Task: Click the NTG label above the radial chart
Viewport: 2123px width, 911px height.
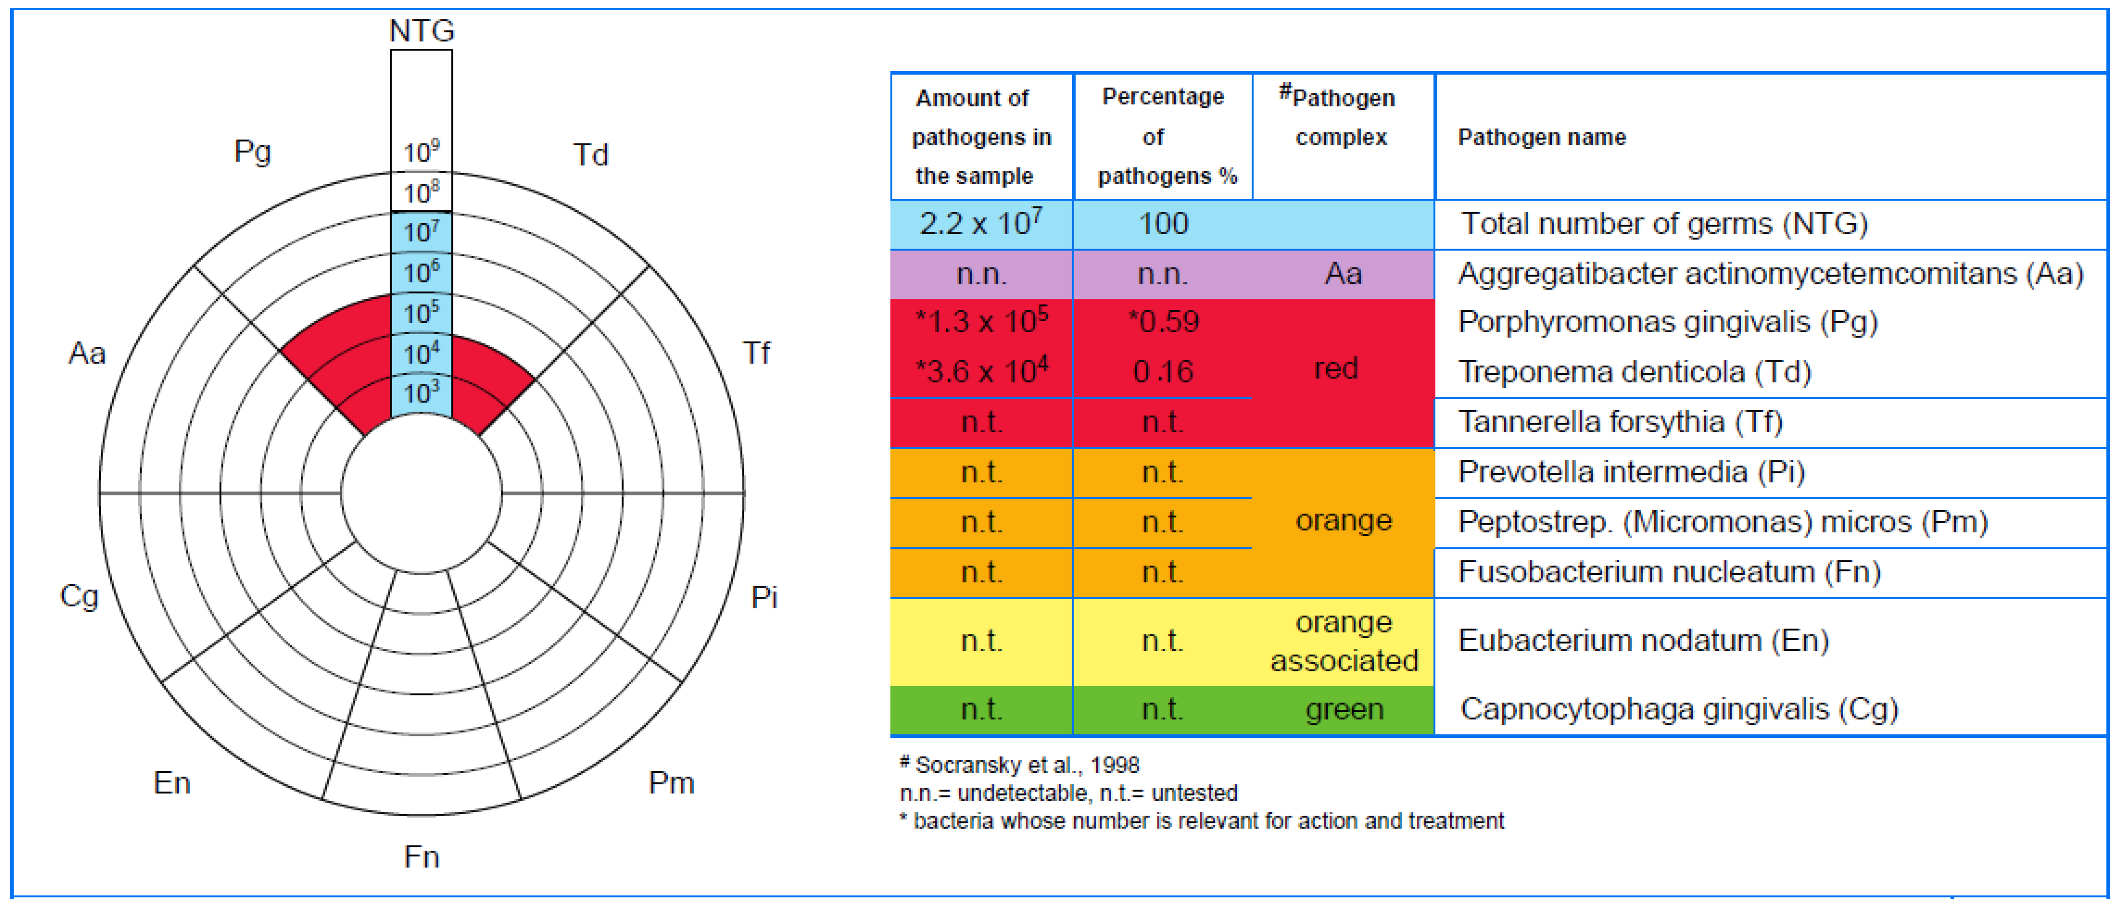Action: click(x=421, y=30)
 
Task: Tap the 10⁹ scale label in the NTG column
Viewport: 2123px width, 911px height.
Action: click(x=421, y=152)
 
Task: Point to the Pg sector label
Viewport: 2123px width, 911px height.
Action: click(x=252, y=152)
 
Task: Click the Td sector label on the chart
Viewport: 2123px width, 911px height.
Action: click(x=590, y=154)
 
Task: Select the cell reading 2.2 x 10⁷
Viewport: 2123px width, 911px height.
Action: click(x=981, y=223)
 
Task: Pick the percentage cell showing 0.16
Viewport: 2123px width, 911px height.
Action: click(x=1162, y=372)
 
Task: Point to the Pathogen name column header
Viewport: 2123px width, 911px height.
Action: click(x=1541, y=137)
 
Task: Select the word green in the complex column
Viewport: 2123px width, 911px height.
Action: click(x=1343, y=709)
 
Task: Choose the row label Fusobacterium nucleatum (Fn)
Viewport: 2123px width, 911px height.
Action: click(x=1669, y=572)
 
